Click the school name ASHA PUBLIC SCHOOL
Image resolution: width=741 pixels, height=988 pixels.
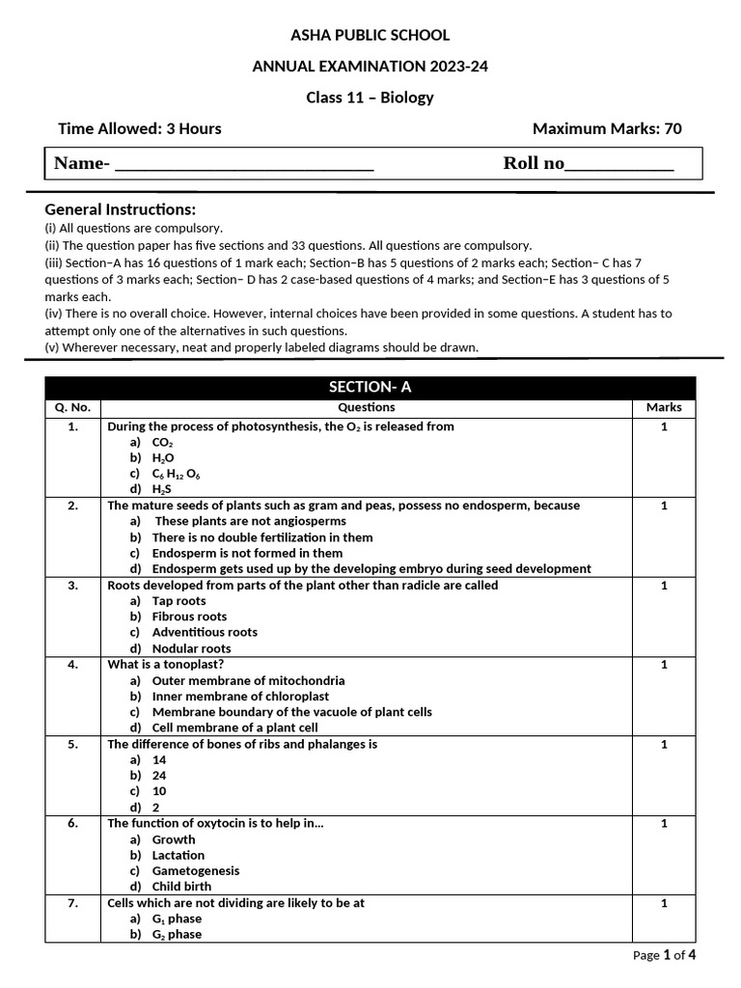(x=370, y=36)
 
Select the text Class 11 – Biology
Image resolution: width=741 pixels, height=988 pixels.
(x=370, y=97)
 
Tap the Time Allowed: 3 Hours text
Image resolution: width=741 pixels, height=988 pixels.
(x=140, y=128)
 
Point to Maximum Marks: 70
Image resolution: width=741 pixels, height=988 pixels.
(x=607, y=128)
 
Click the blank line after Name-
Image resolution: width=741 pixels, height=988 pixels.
(x=244, y=165)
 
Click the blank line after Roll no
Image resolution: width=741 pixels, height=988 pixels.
(x=618, y=165)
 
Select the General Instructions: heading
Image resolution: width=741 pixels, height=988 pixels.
(x=121, y=209)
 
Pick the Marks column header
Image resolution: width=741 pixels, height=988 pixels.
(x=664, y=407)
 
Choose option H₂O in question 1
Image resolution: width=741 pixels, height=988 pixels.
(x=163, y=457)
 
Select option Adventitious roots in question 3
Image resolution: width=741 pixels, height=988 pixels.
(x=205, y=632)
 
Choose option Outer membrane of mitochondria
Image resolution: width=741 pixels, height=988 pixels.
(x=248, y=680)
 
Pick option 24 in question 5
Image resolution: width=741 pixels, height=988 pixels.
(x=159, y=775)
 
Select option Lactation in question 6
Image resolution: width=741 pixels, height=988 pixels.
(x=178, y=855)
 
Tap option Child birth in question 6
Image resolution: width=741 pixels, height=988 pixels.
(x=181, y=886)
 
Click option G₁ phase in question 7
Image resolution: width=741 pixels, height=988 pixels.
(x=177, y=919)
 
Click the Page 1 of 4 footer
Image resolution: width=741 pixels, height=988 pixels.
(x=664, y=955)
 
